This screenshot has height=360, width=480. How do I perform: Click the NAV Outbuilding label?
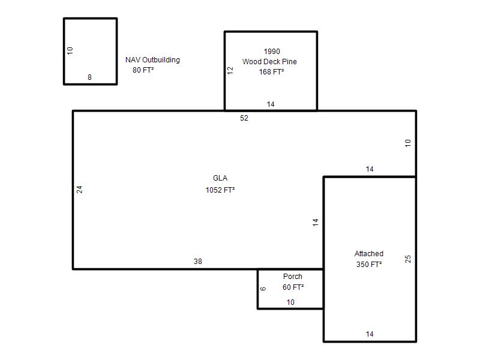pos(152,60)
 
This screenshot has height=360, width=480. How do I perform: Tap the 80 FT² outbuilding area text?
pos(143,70)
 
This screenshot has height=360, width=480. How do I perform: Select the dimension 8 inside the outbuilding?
pos(89,77)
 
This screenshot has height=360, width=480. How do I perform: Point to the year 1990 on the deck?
pos(272,52)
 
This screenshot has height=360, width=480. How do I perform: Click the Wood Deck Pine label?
pos(269,62)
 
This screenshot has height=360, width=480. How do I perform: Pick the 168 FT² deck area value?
pos(271,72)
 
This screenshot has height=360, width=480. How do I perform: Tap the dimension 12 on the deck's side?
pos(230,70)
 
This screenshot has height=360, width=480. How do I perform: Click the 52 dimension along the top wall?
pos(244,118)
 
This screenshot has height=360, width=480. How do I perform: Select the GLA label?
pos(220,178)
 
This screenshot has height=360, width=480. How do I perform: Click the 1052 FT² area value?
pos(220,190)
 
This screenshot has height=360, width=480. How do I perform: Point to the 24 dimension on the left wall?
pos(79,190)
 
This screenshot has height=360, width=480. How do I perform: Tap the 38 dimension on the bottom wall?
pos(198,262)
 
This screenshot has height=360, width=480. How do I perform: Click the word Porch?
pos(293,277)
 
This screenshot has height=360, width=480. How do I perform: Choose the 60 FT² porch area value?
pos(293,287)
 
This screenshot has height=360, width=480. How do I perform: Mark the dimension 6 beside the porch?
pos(263,289)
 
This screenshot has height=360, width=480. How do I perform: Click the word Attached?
pos(369,254)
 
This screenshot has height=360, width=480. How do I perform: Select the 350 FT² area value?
pos(369,265)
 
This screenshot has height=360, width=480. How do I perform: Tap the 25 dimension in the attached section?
pos(408,259)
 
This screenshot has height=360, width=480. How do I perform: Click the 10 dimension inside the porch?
pos(290,302)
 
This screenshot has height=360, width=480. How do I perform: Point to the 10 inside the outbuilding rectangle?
pos(70,50)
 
